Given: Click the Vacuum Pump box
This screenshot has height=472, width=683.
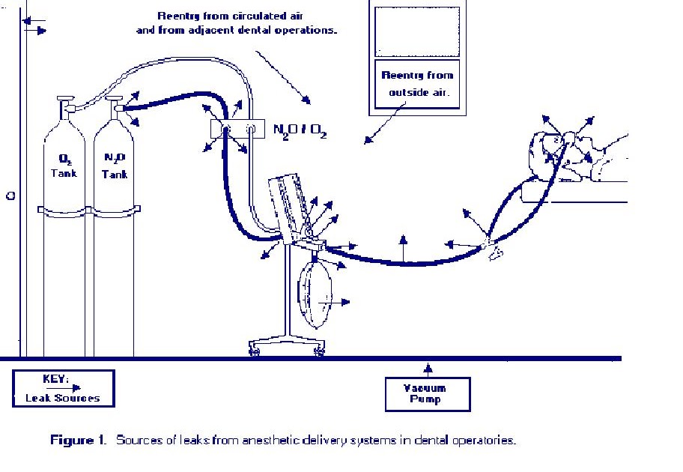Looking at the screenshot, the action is click(428, 394).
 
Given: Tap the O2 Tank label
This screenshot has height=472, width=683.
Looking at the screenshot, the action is click(64, 166).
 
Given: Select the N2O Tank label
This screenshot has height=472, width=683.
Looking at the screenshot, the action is click(115, 166).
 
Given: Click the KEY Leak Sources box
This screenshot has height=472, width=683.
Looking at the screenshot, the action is click(64, 389).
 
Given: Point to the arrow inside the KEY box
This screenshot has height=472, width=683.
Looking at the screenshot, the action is click(64, 387).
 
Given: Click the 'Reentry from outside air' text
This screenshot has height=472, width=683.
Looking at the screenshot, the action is click(417, 84).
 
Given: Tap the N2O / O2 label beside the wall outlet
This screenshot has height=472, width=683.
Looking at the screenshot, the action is click(300, 131).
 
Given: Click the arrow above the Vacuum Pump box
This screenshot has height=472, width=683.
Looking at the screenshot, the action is click(428, 370).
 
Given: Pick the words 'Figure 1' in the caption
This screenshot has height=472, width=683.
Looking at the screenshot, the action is click(79, 440).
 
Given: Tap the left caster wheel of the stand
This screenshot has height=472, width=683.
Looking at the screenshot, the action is click(255, 351).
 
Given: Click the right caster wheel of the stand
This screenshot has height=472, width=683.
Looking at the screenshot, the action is click(320, 351).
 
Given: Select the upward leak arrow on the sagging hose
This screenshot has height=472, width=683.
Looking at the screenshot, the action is click(404, 249).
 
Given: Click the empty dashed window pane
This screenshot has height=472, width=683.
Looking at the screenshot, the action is click(417, 31).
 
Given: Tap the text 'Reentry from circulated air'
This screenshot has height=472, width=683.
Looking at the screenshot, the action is click(230, 16).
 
